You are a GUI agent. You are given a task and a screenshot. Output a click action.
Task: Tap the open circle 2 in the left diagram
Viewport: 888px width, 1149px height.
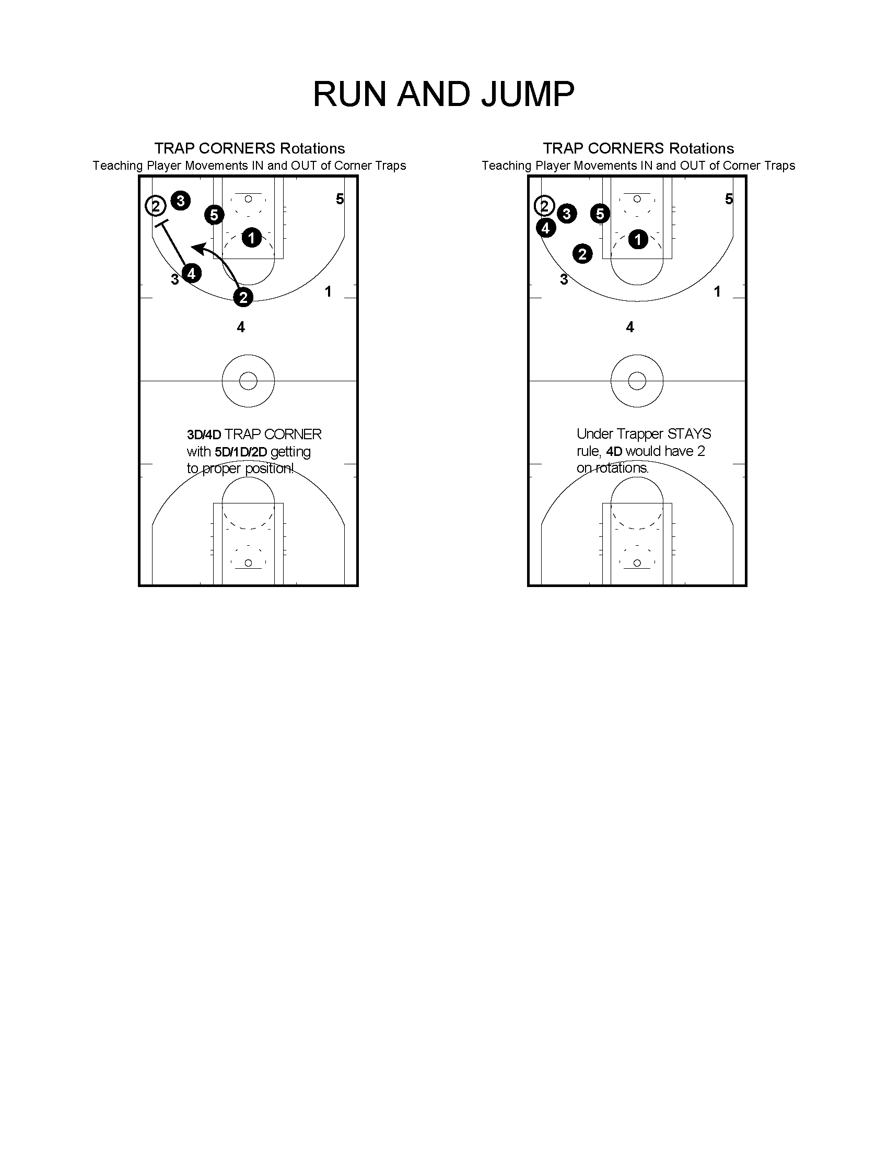(x=156, y=205)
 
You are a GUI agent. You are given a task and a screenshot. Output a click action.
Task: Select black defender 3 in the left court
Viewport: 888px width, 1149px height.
(x=180, y=201)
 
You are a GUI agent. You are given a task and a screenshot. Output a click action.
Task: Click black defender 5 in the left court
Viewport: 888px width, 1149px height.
(x=214, y=215)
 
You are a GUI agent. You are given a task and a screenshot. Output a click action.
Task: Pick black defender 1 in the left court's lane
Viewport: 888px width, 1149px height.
(x=251, y=238)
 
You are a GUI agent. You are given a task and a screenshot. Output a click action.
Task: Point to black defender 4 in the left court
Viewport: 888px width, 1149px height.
(x=192, y=273)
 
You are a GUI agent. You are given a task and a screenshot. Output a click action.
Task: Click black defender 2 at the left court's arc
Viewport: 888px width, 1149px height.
(x=243, y=297)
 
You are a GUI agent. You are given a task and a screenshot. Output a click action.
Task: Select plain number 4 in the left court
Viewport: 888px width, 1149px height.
(x=241, y=327)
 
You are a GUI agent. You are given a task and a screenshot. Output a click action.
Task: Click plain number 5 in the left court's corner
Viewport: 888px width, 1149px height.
(x=340, y=199)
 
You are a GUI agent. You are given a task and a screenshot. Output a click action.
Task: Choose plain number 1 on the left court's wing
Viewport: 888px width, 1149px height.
(x=328, y=291)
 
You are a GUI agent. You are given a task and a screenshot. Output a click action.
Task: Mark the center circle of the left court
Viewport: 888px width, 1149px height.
(x=248, y=381)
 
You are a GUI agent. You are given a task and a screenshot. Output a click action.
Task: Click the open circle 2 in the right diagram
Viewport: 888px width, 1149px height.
(x=544, y=206)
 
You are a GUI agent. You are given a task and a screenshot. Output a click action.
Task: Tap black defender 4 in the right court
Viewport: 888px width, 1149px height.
(x=546, y=228)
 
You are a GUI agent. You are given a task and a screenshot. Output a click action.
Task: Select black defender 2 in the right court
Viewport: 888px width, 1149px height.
(x=582, y=254)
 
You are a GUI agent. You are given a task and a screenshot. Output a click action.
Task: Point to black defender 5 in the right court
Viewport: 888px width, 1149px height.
(x=600, y=214)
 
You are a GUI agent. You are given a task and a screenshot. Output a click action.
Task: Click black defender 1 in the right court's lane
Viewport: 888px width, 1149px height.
(x=638, y=239)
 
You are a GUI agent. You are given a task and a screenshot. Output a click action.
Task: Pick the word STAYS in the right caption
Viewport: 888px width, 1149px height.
(x=689, y=434)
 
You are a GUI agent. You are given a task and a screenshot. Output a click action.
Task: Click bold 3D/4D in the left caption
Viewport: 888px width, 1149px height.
(x=204, y=435)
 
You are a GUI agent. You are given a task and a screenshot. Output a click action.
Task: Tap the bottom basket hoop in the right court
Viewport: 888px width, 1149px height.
(x=637, y=563)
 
